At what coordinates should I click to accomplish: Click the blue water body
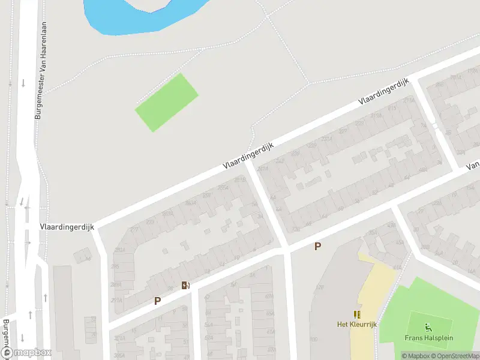[x=138, y=15]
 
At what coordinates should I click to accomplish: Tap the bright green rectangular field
[x=166, y=103]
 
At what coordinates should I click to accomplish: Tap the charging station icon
[x=186, y=285]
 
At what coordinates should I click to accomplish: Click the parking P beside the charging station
[x=157, y=301]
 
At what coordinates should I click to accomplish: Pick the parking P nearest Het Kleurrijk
[x=318, y=246]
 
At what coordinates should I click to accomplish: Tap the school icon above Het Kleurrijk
[x=357, y=314]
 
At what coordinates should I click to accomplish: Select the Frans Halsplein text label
[x=428, y=338]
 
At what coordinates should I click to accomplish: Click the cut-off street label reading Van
[x=473, y=165]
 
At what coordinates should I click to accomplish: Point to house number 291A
[x=116, y=301]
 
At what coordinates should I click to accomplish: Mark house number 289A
[x=115, y=284]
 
